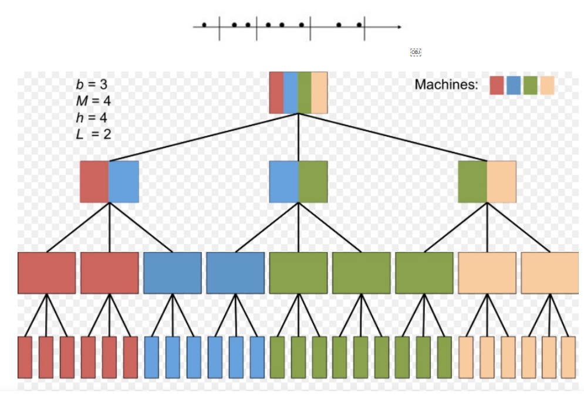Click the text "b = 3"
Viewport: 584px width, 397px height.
coord(92,84)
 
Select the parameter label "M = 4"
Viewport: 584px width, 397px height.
coord(93,100)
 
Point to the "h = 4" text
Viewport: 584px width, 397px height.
coord(92,117)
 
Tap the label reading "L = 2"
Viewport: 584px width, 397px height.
coord(93,133)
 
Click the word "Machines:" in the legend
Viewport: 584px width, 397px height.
coord(446,84)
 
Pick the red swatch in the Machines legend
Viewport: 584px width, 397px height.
coord(497,85)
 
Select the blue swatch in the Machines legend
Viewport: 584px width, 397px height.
coord(514,85)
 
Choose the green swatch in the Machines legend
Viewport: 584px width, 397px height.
coord(531,85)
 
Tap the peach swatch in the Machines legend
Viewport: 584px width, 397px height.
coord(547,85)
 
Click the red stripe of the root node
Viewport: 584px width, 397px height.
coord(276,93)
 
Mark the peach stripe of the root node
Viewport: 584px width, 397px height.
coord(319,93)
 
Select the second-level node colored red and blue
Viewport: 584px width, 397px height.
coord(109,181)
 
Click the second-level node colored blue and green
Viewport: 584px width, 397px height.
coord(298,181)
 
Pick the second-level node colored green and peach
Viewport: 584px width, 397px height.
coord(487,181)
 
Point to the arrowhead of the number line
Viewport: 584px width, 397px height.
coord(399,27)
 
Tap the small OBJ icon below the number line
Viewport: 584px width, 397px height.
coord(416,52)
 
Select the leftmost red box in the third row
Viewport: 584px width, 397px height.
coord(46,273)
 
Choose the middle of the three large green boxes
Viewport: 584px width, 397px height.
coord(361,273)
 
